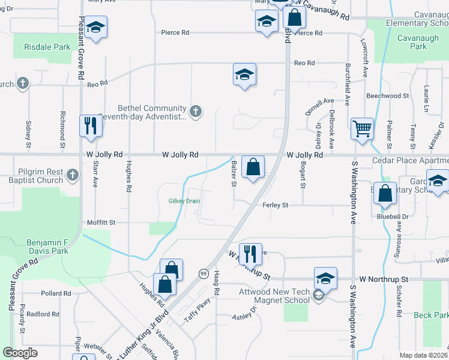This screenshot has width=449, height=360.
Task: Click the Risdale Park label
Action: (x=47, y=46)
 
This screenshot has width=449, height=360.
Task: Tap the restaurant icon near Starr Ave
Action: (x=91, y=126)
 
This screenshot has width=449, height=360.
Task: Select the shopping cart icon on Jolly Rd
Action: (x=362, y=128)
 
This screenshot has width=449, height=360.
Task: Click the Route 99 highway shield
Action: (x=204, y=273)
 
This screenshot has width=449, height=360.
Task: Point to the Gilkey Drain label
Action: (x=184, y=201)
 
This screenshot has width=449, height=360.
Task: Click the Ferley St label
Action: (x=276, y=205)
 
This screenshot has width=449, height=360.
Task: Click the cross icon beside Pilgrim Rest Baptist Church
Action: (x=71, y=175)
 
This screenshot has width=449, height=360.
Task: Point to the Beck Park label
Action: (x=431, y=315)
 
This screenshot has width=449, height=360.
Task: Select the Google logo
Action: (x=20, y=353)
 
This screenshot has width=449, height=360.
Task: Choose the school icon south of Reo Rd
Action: (x=244, y=75)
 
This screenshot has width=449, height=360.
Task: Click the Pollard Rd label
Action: (x=55, y=294)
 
